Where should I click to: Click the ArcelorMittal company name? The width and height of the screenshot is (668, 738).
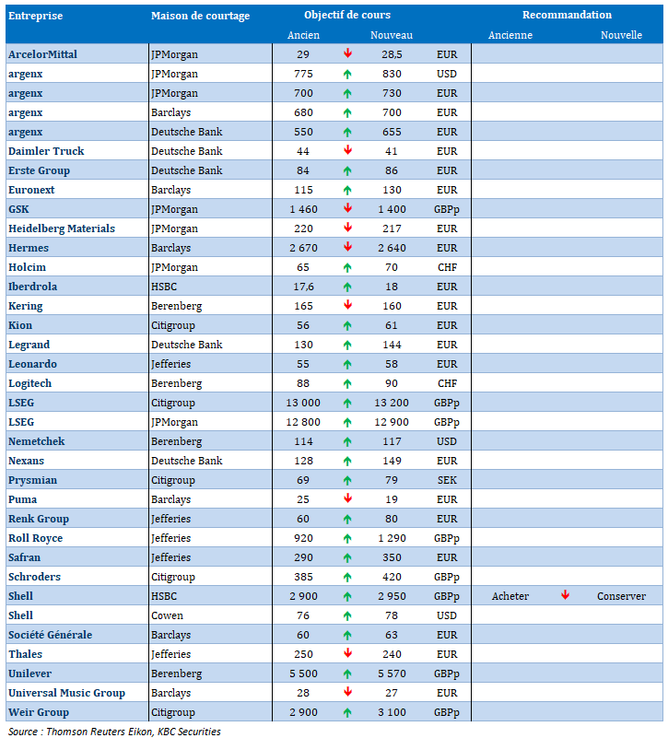click(x=42, y=54)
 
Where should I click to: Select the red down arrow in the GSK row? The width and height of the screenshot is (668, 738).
click(x=348, y=209)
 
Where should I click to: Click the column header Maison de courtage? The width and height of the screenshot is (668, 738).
click(x=200, y=16)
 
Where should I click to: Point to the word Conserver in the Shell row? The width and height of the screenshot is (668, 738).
click(x=621, y=596)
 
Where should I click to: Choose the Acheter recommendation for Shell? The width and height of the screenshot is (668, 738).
click(x=510, y=596)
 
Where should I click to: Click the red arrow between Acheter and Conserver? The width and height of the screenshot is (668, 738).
click(x=566, y=595)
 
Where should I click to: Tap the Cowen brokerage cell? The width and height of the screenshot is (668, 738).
click(x=167, y=615)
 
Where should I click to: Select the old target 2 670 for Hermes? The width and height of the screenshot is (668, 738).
click(x=303, y=248)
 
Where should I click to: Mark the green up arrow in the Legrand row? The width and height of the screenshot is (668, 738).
click(x=348, y=345)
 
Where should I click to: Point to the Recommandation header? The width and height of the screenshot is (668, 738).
click(x=567, y=15)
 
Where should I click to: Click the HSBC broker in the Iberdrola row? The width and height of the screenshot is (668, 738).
click(x=165, y=287)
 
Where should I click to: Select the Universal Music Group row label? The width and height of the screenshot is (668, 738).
click(x=66, y=693)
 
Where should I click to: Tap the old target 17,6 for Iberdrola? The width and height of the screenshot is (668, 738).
click(x=303, y=287)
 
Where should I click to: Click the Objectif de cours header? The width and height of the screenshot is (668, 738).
click(x=347, y=15)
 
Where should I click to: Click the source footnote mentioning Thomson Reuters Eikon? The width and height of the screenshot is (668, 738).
click(x=115, y=731)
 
